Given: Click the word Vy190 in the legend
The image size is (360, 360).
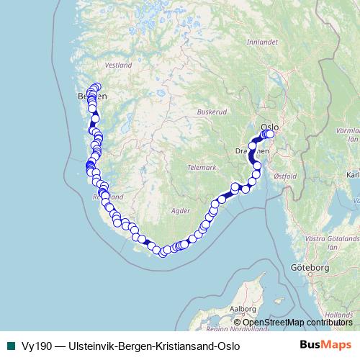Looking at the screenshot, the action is tap(32, 345).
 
